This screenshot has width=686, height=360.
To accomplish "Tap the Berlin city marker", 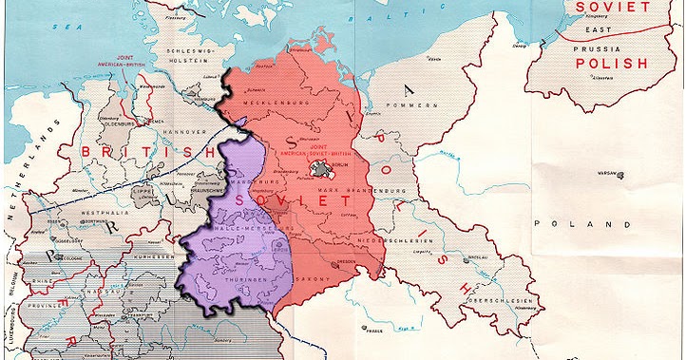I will (327, 171).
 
